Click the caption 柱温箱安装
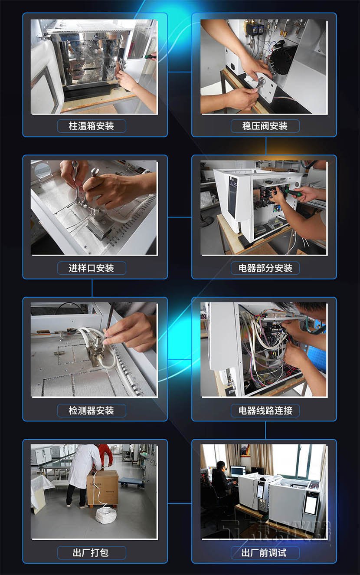92,126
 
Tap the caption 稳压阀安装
265,126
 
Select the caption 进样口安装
92,268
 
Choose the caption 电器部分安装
265,268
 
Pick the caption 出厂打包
92,552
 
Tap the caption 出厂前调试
265,552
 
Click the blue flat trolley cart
131,481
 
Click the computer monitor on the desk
238,471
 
